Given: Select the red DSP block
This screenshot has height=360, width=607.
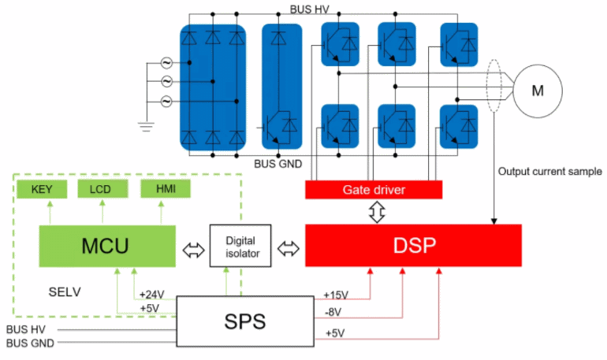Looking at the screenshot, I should tap(413, 247).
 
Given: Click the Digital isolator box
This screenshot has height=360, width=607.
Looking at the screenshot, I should tap(240, 247).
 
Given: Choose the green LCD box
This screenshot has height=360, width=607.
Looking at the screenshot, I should tap(100, 189).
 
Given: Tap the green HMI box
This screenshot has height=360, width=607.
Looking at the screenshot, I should tap(164, 189).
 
